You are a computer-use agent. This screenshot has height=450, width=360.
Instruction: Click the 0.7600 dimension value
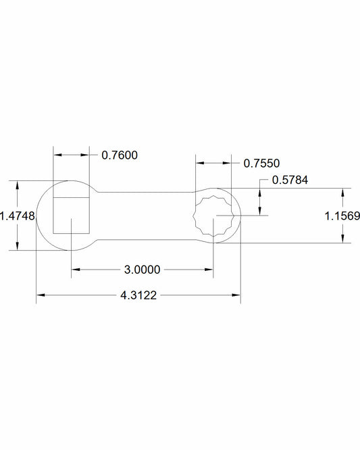120,155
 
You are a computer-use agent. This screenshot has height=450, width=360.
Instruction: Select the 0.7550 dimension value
261,164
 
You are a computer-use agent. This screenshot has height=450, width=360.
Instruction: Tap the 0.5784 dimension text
290,180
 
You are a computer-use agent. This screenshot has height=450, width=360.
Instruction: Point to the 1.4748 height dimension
18,216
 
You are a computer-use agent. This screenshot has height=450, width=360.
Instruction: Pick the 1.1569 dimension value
342,216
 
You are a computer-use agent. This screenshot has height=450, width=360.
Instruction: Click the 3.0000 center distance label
142,270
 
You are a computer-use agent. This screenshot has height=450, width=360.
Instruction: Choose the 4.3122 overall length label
138,295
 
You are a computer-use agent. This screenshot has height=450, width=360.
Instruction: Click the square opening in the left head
71,216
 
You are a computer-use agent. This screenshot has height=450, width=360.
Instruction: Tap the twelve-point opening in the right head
213,216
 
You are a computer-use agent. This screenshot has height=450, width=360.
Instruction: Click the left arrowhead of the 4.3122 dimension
41,295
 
